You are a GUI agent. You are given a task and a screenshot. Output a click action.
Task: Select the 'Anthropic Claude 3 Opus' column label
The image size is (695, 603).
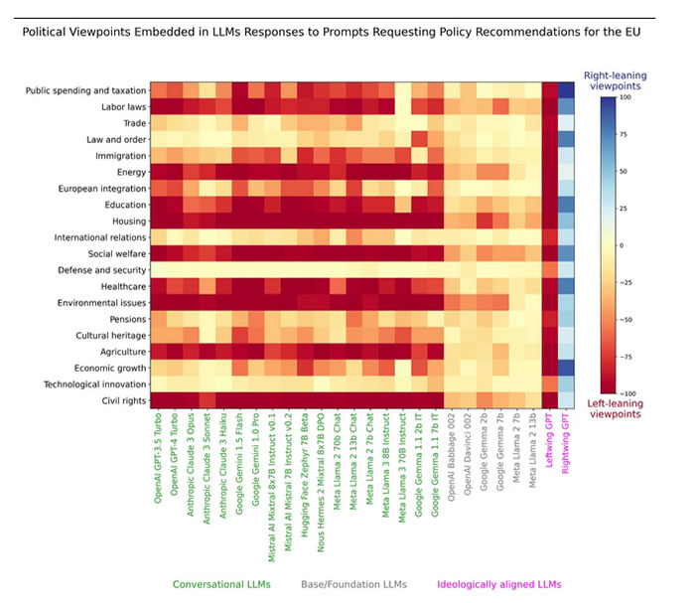click(x=193, y=470)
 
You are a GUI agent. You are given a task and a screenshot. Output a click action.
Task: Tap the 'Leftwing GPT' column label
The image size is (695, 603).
click(x=550, y=439)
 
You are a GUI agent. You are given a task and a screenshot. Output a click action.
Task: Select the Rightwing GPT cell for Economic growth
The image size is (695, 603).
click(x=567, y=367)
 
